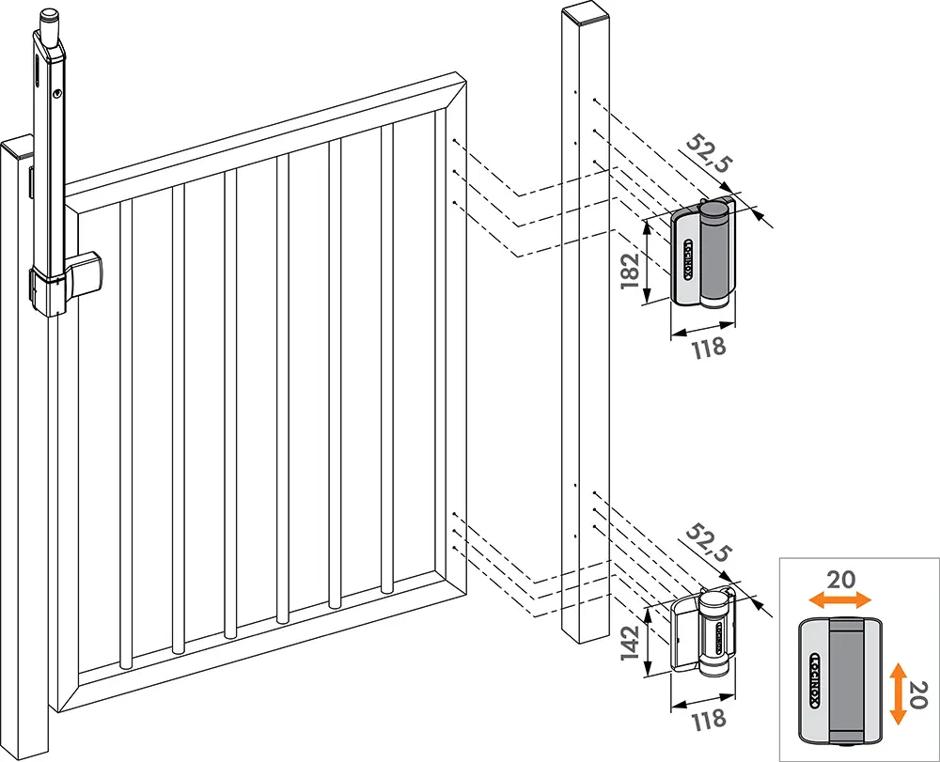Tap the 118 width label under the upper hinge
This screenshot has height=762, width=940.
coord(709,347)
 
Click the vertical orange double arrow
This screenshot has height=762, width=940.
coord(898,692)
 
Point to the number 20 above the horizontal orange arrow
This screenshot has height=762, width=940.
coord(841,579)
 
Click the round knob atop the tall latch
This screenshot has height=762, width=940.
coord(50,16)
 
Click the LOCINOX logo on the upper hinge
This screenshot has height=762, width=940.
coord(687,258)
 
